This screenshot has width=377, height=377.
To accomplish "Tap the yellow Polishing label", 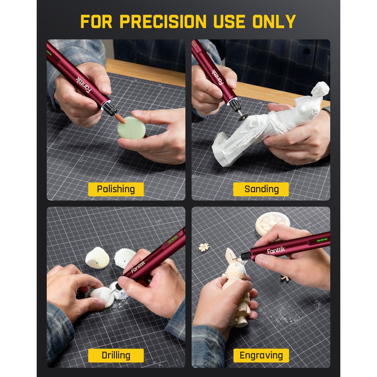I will [116, 189].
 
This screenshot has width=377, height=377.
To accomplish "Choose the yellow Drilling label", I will [116, 355].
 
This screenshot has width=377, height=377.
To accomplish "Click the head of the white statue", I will [321, 89].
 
